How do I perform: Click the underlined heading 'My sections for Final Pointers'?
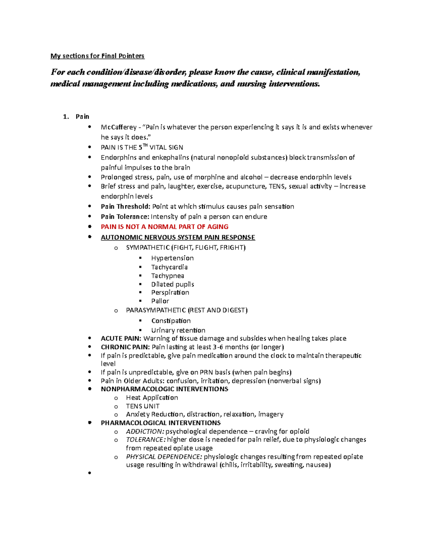point(97,56)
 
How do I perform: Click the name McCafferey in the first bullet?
point(118,127)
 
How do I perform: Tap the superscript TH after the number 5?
point(145,145)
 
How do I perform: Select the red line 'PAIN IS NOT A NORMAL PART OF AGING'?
point(164,227)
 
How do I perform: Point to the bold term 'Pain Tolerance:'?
point(125,217)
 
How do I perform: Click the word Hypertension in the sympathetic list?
point(172,258)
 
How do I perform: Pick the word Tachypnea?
point(167,276)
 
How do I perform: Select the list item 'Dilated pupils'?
point(172,284)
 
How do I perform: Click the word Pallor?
point(160,301)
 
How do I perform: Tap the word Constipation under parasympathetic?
point(171,321)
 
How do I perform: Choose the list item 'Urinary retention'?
point(178,330)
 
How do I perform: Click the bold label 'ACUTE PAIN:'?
point(121,338)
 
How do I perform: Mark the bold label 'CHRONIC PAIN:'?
point(125,347)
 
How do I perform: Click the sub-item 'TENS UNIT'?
point(143,406)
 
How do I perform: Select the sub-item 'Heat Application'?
point(152,398)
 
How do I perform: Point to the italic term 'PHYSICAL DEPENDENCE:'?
point(164,457)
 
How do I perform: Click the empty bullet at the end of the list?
point(89,473)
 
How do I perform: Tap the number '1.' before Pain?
point(65,117)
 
